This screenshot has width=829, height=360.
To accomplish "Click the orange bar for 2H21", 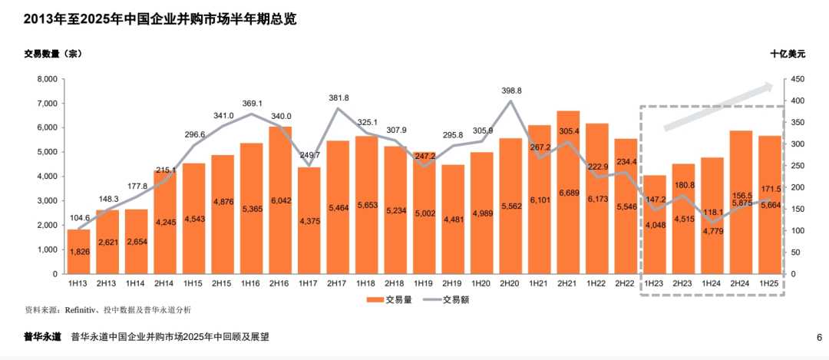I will click(568, 192).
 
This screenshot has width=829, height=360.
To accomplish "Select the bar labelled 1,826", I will click(78, 252).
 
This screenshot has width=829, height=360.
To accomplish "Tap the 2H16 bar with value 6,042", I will click(280, 200).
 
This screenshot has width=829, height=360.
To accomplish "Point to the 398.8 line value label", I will click(510, 91).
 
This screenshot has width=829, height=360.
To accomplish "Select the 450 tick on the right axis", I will click(797, 79).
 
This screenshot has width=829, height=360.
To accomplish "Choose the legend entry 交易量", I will click(394, 300).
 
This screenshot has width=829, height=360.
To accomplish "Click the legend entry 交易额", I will click(450, 300).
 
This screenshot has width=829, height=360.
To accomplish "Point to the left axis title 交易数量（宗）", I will click(53, 54).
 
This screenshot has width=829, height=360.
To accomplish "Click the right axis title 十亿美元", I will click(788, 54).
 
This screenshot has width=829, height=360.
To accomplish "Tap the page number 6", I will click(819, 337).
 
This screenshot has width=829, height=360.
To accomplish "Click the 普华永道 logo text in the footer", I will click(42, 337).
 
